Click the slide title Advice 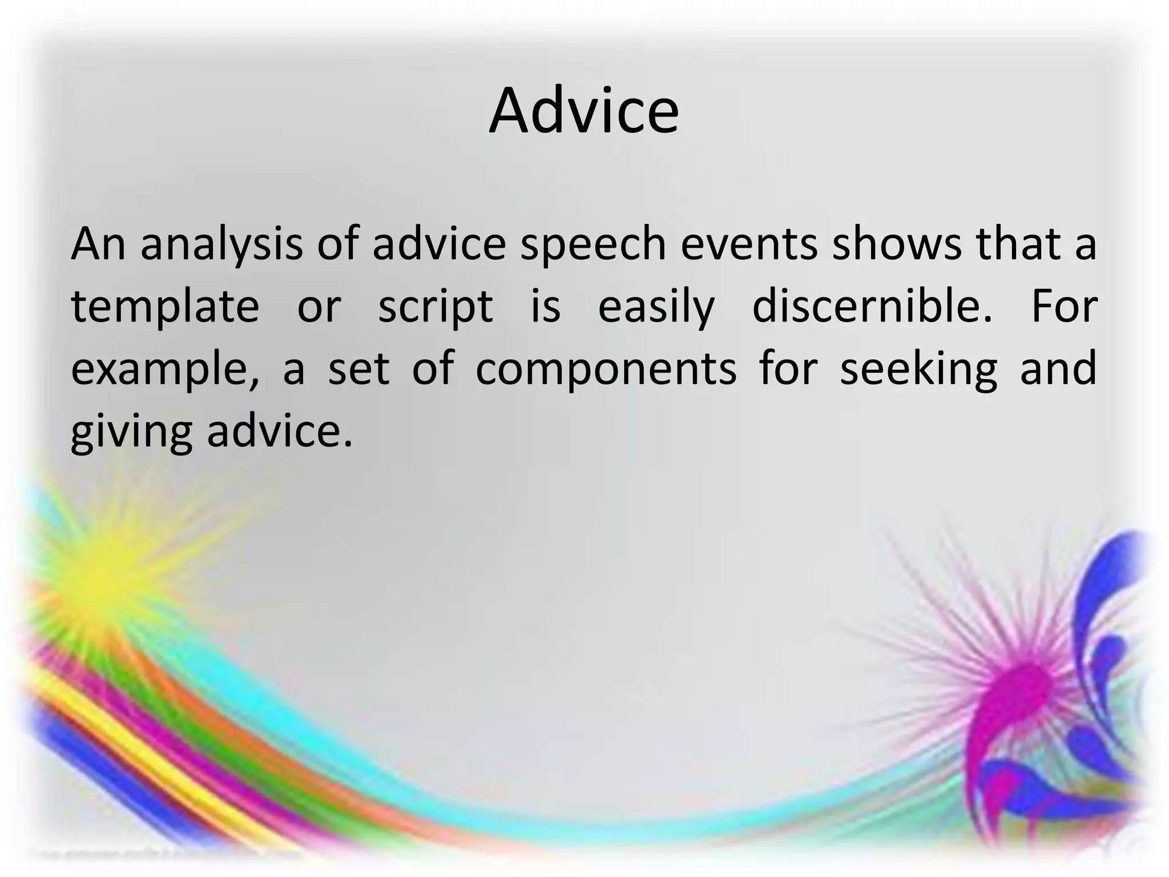[584, 111]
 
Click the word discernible [873, 306]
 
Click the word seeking [919, 369]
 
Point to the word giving [131, 432]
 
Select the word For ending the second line [1064, 306]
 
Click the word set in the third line [358, 369]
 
